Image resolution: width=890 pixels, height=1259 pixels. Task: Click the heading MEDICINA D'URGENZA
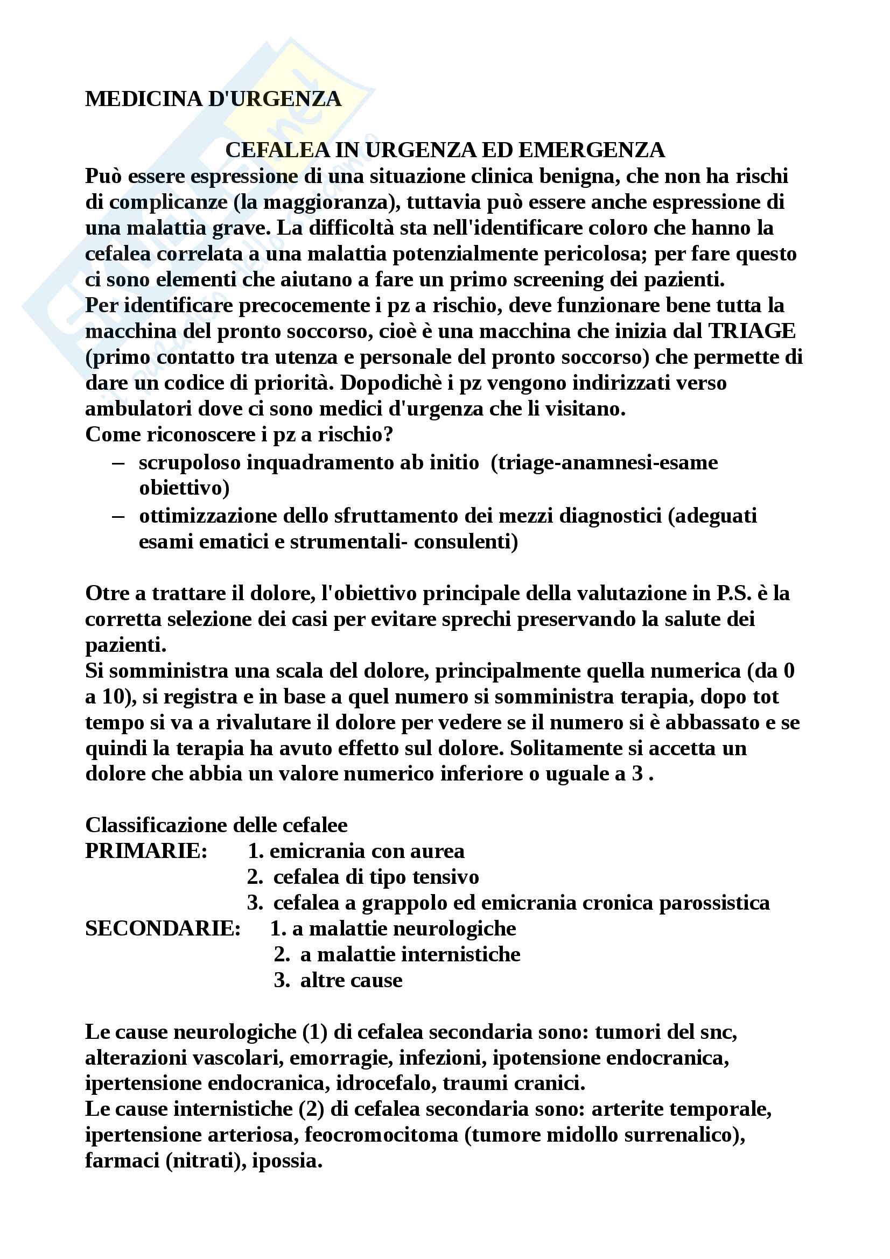[213, 99]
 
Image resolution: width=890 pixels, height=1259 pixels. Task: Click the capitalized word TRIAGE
[751, 331]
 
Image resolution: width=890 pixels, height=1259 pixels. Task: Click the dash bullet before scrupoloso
[117, 462]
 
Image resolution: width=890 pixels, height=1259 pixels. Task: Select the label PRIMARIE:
[146, 851]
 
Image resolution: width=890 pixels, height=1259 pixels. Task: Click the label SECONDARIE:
[163, 929]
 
